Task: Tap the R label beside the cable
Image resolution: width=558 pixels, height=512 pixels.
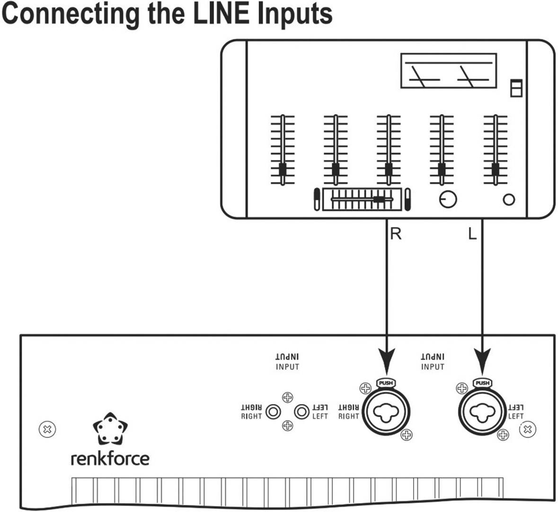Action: (396, 233)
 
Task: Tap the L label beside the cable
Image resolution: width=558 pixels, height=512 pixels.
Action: (472, 233)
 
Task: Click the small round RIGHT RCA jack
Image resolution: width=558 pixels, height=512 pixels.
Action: (273, 412)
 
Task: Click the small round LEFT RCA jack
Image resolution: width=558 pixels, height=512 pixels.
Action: (301, 412)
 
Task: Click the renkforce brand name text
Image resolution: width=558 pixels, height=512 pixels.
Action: (110, 458)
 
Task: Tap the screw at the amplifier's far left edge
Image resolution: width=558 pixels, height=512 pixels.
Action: (47, 430)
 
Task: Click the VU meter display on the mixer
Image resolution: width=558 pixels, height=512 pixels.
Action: (448, 71)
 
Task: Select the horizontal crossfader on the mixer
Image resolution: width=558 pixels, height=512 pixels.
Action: (362, 199)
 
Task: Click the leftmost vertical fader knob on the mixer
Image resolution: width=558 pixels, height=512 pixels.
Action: (283, 169)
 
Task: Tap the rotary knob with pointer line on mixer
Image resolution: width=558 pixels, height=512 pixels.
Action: (448, 199)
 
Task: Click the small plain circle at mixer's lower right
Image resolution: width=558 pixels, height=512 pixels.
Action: (509, 200)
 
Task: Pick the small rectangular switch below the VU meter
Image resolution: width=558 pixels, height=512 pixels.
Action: (515, 88)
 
